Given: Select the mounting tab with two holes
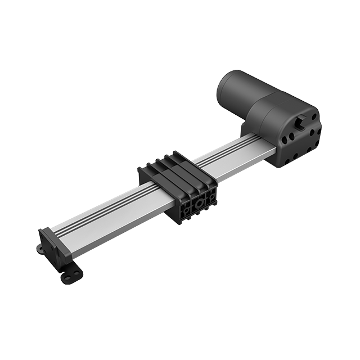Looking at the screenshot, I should pos(70,276).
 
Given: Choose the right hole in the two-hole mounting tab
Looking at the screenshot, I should pos(75,272).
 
